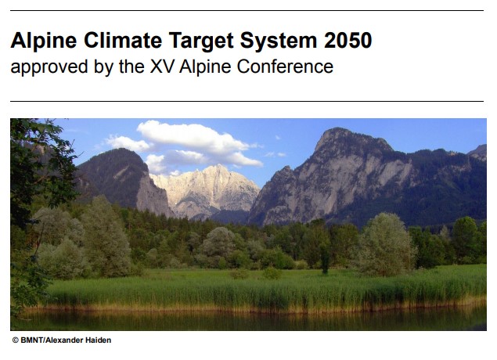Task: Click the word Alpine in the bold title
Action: (x=44, y=41)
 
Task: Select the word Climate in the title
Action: (x=123, y=40)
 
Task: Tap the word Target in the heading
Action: (x=201, y=41)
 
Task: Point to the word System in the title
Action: (x=279, y=41)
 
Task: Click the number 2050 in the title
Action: (x=348, y=40)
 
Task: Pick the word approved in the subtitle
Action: (x=49, y=67)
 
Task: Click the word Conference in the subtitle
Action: (x=285, y=67)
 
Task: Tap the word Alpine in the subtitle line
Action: (x=205, y=67)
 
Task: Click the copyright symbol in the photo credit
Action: (x=15, y=340)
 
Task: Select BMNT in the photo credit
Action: (x=32, y=340)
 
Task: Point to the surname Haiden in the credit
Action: (x=100, y=340)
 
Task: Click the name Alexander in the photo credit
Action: (x=67, y=340)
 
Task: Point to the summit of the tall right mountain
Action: (x=336, y=128)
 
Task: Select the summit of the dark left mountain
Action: (x=122, y=149)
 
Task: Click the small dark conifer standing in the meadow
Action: (x=325, y=258)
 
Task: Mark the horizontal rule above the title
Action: (x=247, y=11)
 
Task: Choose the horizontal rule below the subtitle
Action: (x=247, y=102)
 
